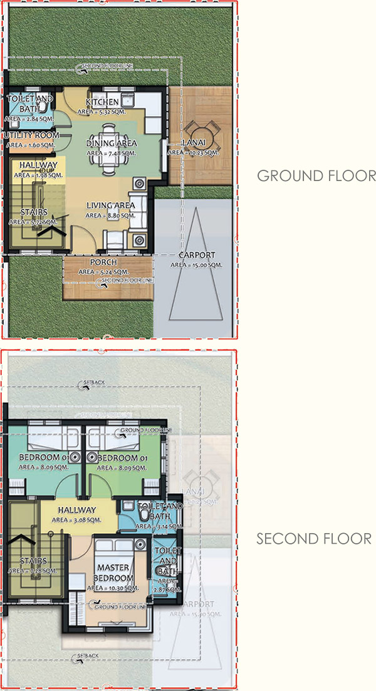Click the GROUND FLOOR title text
[x=316, y=175]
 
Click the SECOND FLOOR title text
[x=313, y=538]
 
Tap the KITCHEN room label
[x=102, y=102]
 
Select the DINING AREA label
[x=111, y=143]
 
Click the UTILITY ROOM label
[x=31, y=135]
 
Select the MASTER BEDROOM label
[x=113, y=572]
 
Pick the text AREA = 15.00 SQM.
[x=196, y=265]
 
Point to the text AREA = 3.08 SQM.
[x=77, y=519]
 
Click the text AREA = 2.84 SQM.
[x=29, y=117]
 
